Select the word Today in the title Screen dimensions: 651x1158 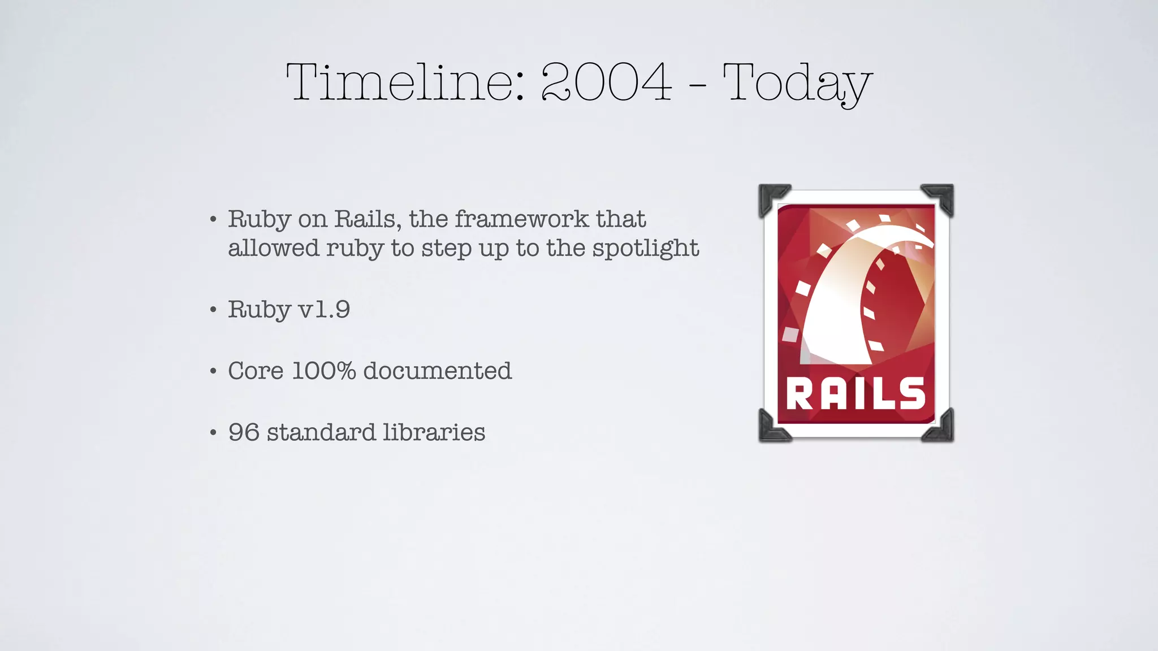(797, 84)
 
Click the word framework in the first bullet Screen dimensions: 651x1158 (521, 219)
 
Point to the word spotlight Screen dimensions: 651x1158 (645, 249)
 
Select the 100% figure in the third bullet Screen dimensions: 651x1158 (323, 371)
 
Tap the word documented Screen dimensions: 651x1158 (437, 371)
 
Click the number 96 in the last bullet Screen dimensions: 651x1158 (244, 433)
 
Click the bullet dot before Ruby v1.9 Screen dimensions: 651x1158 (213, 310)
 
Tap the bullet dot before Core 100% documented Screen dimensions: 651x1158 (213, 371)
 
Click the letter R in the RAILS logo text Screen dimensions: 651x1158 (799, 394)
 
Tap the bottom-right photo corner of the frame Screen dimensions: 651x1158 (940, 428)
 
